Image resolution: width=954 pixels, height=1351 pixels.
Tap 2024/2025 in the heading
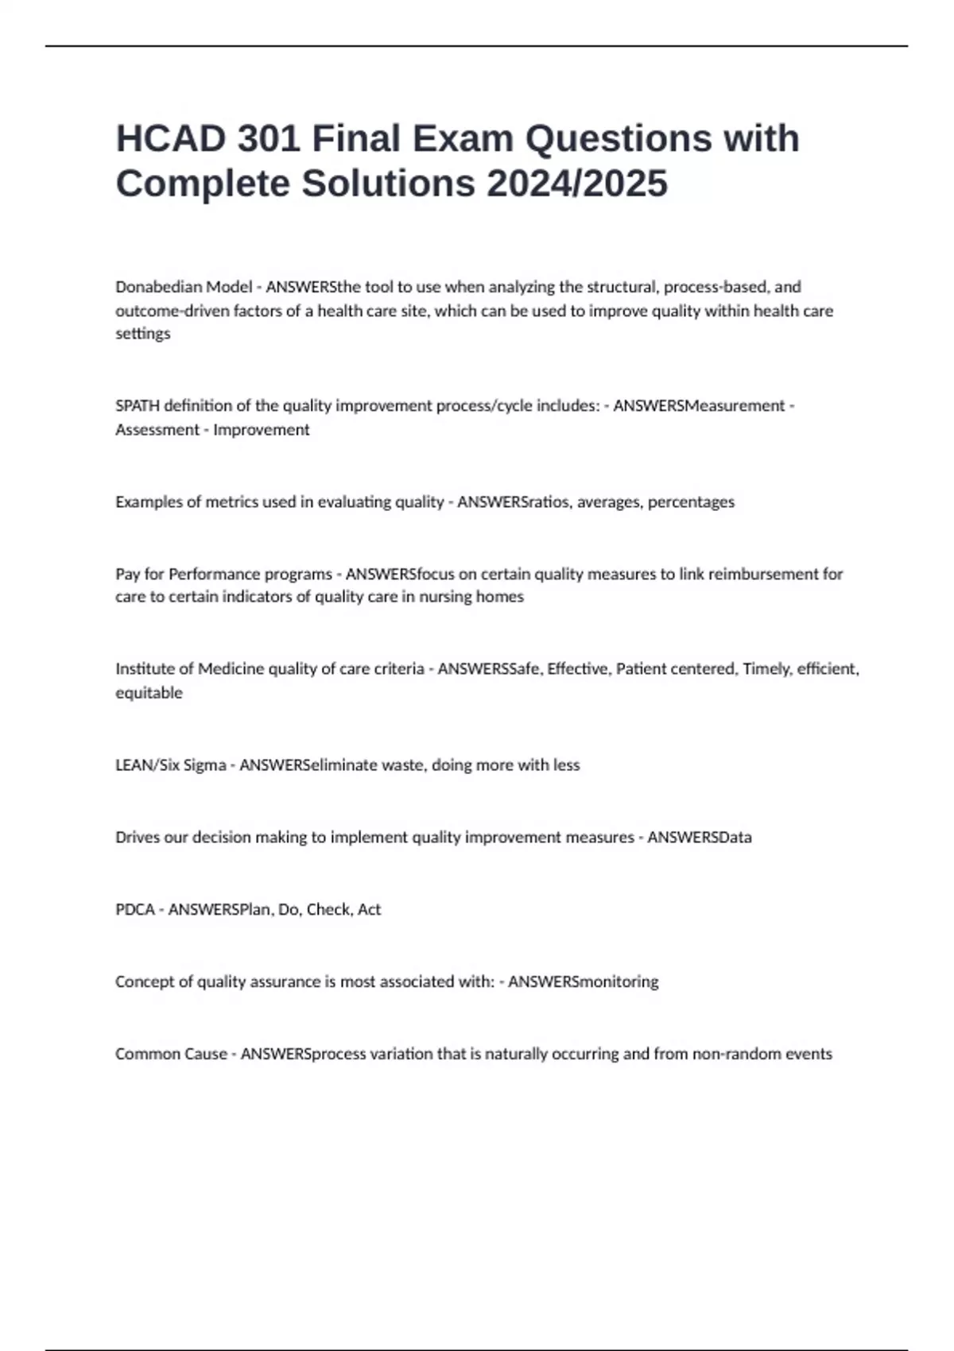coord(577,184)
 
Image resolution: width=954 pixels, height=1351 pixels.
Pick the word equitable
coord(149,693)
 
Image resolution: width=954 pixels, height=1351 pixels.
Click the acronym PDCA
coord(135,910)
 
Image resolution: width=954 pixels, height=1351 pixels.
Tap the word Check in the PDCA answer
coord(328,910)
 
